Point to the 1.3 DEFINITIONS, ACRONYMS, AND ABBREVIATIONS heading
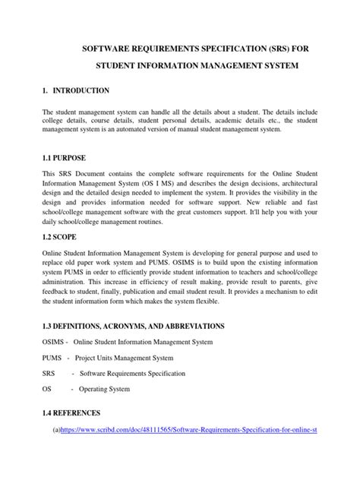click(x=133, y=326)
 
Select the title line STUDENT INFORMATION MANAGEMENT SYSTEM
click(x=179, y=67)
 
